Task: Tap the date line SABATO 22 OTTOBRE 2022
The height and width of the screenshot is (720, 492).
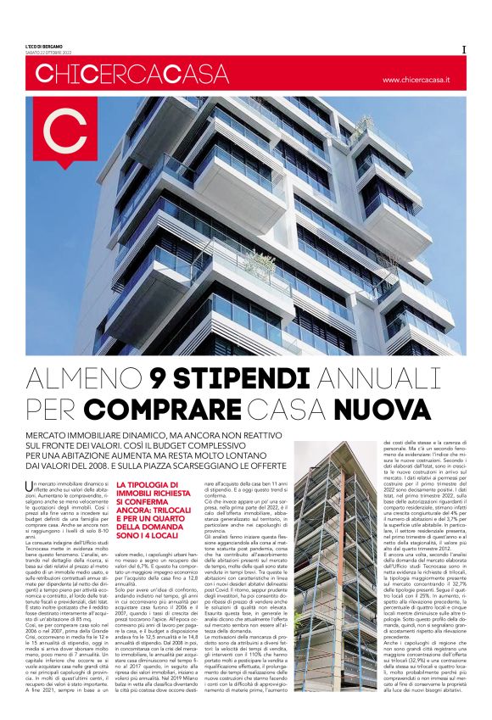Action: click(x=54, y=52)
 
